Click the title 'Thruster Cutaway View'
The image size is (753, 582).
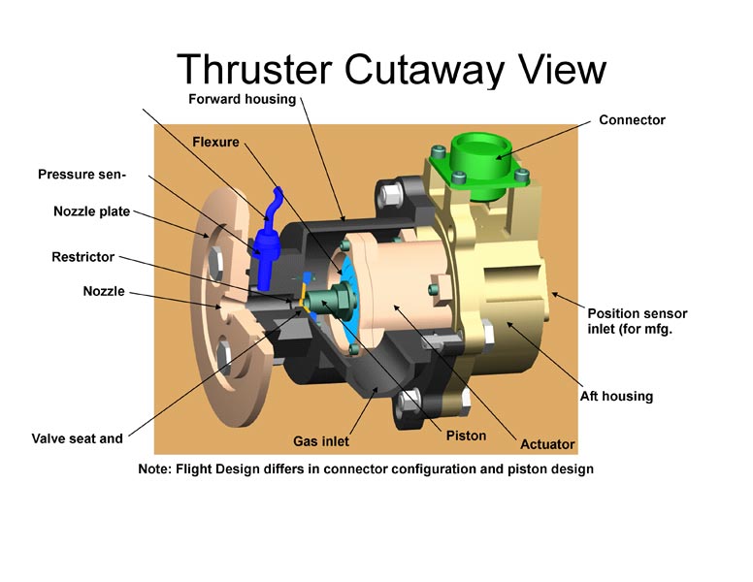[391, 70]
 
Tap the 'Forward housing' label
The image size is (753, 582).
[242, 99]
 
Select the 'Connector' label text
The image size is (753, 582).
[632, 120]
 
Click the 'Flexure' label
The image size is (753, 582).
[215, 143]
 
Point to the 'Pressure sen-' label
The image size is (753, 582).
[82, 175]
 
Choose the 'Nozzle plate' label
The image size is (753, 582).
[92, 211]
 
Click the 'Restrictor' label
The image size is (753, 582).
[83, 257]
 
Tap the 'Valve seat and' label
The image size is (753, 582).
[78, 438]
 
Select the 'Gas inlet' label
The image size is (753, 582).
[321, 441]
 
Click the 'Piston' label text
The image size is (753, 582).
[466, 436]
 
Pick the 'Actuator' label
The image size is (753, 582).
[547, 444]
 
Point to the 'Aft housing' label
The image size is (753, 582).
[616, 396]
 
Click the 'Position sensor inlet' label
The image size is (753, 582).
[638, 321]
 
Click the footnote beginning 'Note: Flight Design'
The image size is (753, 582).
[366, 469]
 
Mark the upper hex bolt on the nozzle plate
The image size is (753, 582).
[215, 262]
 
